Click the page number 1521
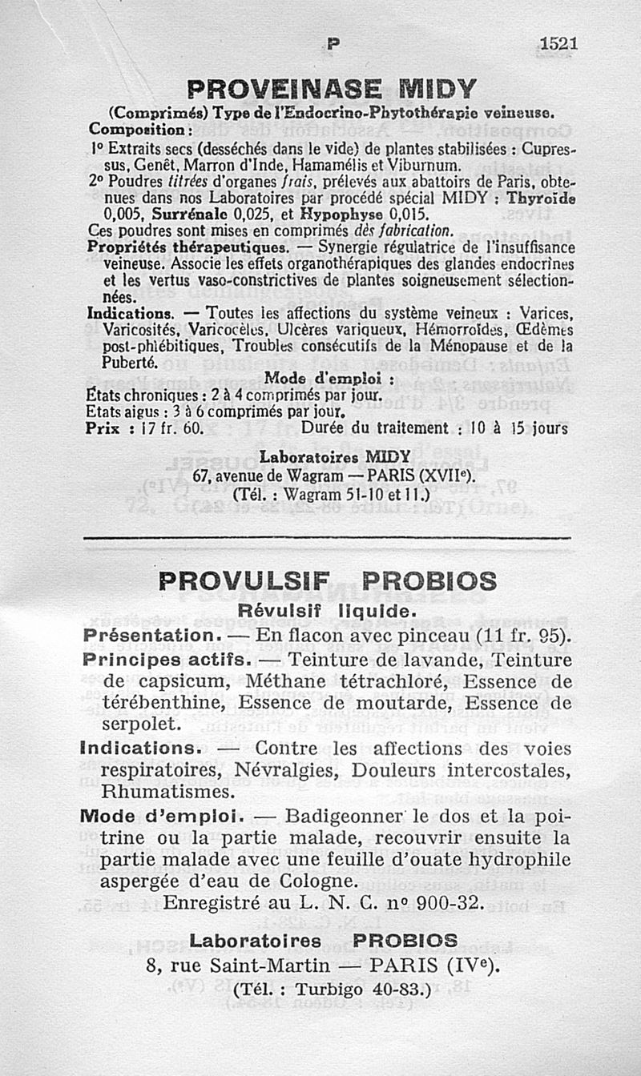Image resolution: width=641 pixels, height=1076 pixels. point(558,44)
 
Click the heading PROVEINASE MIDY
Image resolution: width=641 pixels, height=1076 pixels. point(331,87)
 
